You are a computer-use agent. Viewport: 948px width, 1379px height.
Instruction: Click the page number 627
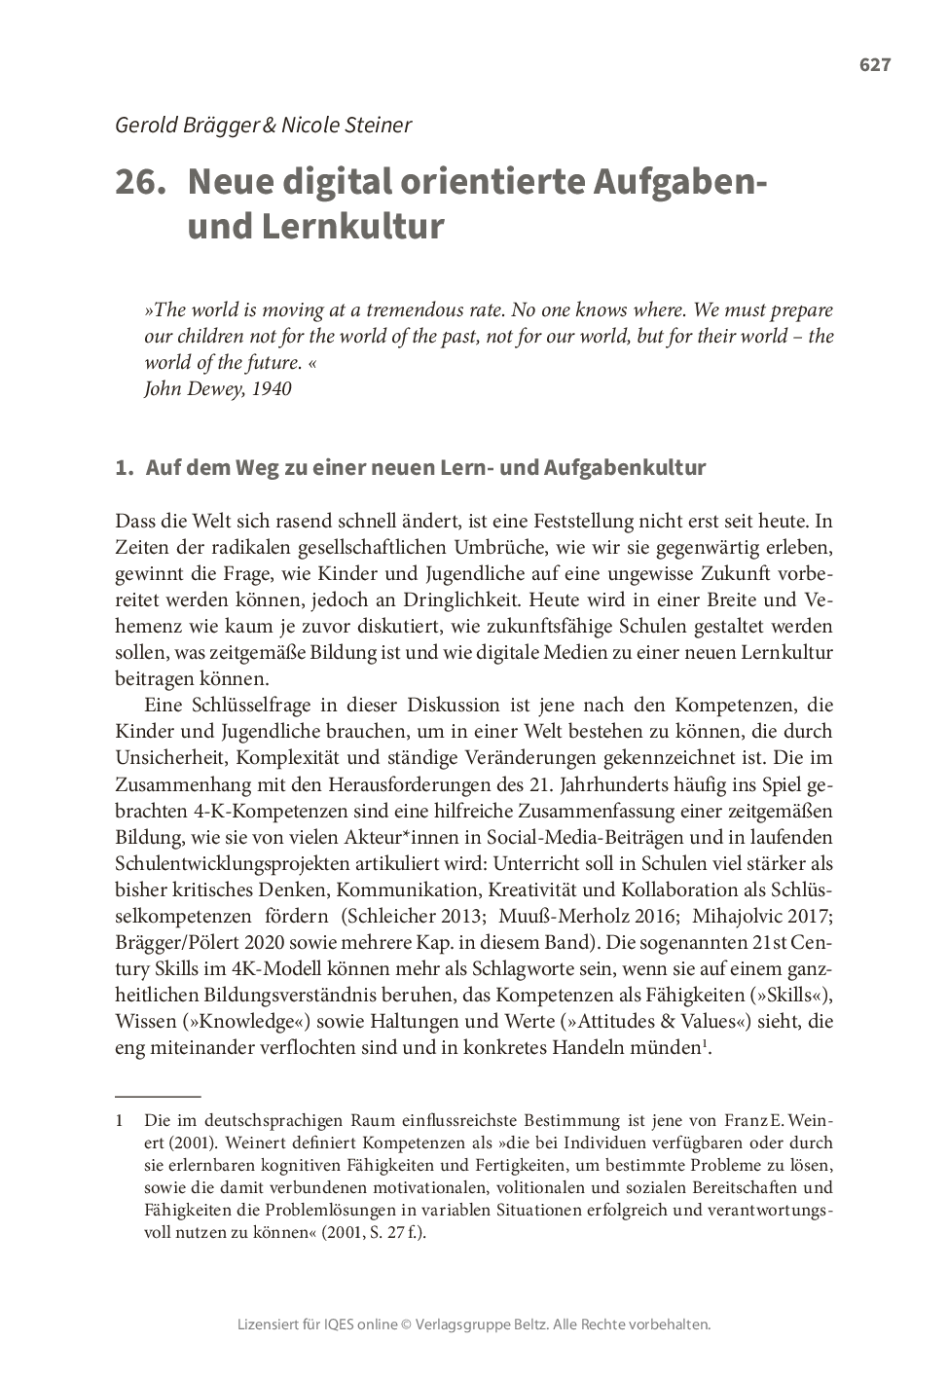[874, 65]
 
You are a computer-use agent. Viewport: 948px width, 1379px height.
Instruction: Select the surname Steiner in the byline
[377, 125]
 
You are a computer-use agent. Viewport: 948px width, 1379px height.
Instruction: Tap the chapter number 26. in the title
[138, 182]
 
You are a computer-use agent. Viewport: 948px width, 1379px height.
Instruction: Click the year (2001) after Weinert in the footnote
[174, 1143]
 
